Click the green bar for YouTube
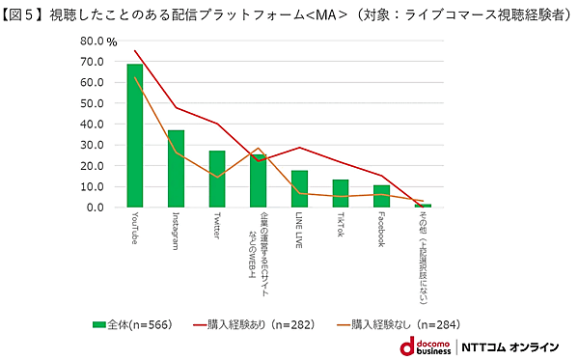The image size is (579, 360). pyautogui.click(x=134, y=136)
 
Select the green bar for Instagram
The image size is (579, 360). pyautogui.click(x=176, y=169)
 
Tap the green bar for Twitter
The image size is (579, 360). pyautogui.click(x=217, y=180)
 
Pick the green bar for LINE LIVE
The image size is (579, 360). pyautogui.click(x=299, y=189)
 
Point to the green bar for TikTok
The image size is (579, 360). pyautogui.click(x=341, y=193)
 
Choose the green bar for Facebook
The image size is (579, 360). pyautogui.click(x=381, y=196)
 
